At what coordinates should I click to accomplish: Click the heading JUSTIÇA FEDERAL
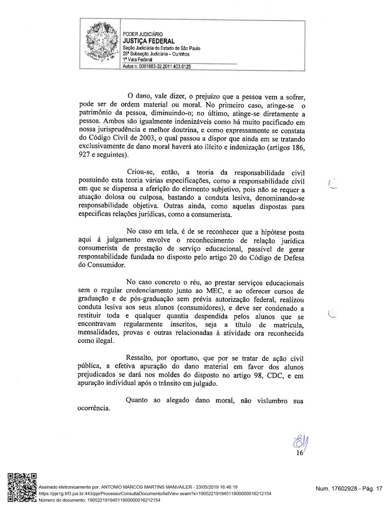pos(148,41)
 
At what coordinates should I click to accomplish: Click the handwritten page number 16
pos(299,453)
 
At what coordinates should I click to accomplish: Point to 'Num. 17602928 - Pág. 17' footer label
pos(349,489)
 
